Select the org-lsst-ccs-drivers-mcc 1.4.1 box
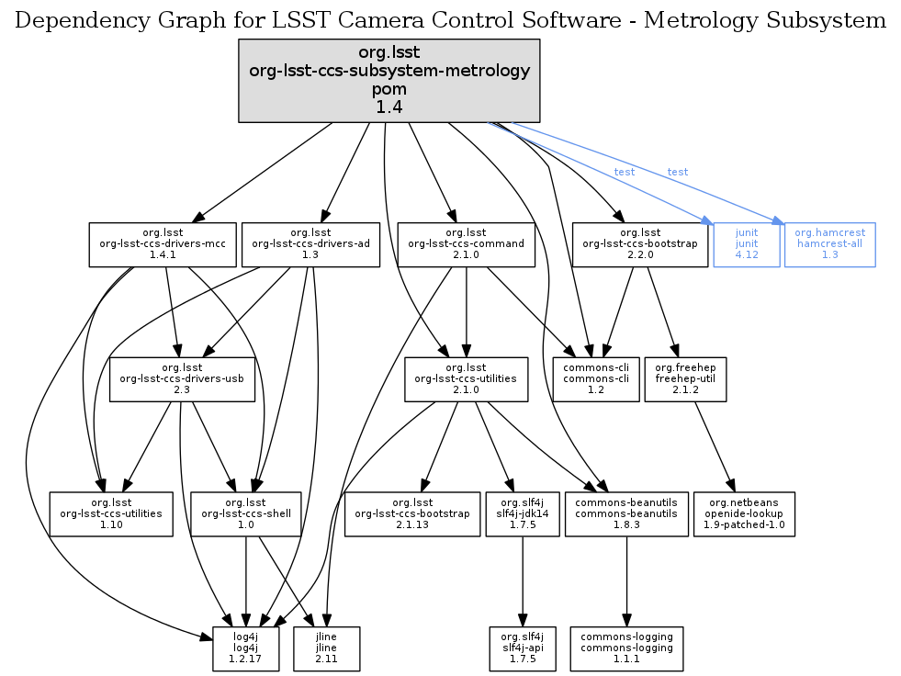162,244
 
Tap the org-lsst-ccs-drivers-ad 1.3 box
310,244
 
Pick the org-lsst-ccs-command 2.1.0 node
467,244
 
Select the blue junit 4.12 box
747,244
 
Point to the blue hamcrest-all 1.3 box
830,244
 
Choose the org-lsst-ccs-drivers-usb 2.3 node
182,379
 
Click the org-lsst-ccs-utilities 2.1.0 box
467,379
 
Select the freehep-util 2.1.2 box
686,379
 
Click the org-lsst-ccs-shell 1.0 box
245,514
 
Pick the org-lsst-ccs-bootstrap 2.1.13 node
411,514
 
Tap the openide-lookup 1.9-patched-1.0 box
743,514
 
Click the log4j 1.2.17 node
245,649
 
